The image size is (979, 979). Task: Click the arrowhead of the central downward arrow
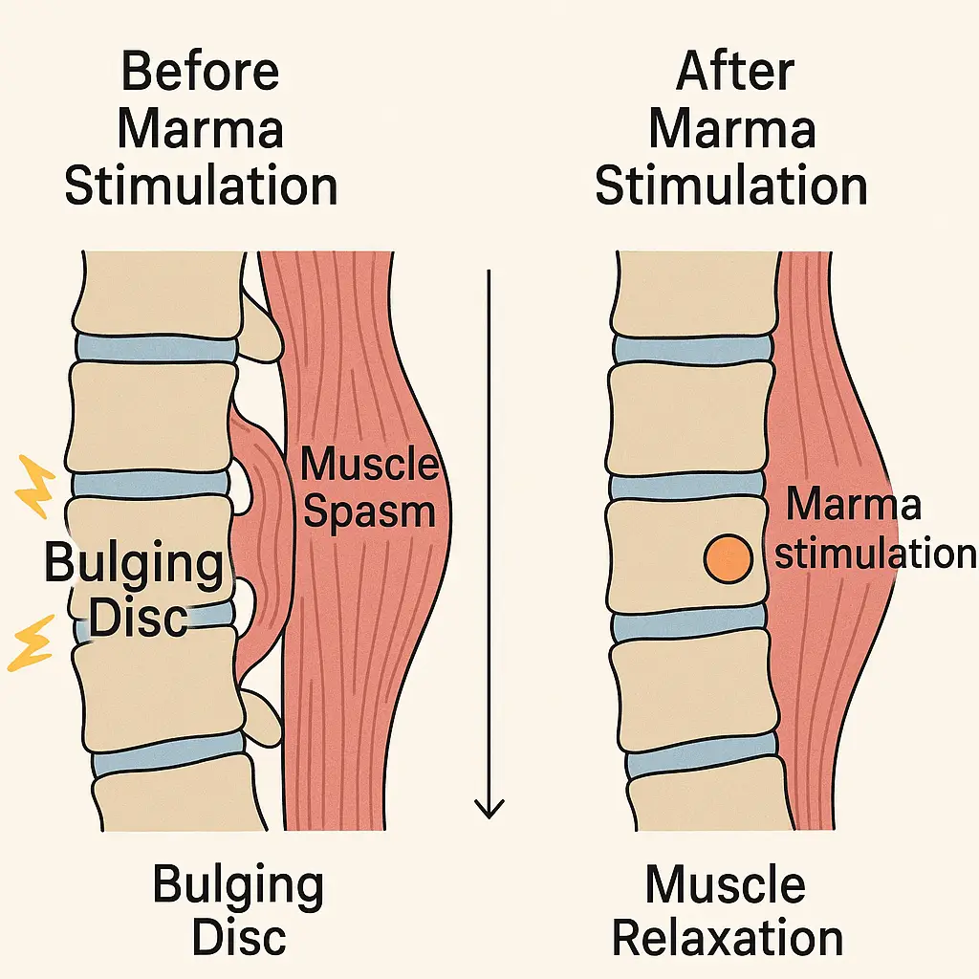[489, 808]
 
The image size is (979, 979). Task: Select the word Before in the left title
[201, 75]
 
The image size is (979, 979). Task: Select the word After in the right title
[731, 75]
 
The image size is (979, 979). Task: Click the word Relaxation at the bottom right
[729, 938]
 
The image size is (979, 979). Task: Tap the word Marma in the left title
[200, 129]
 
